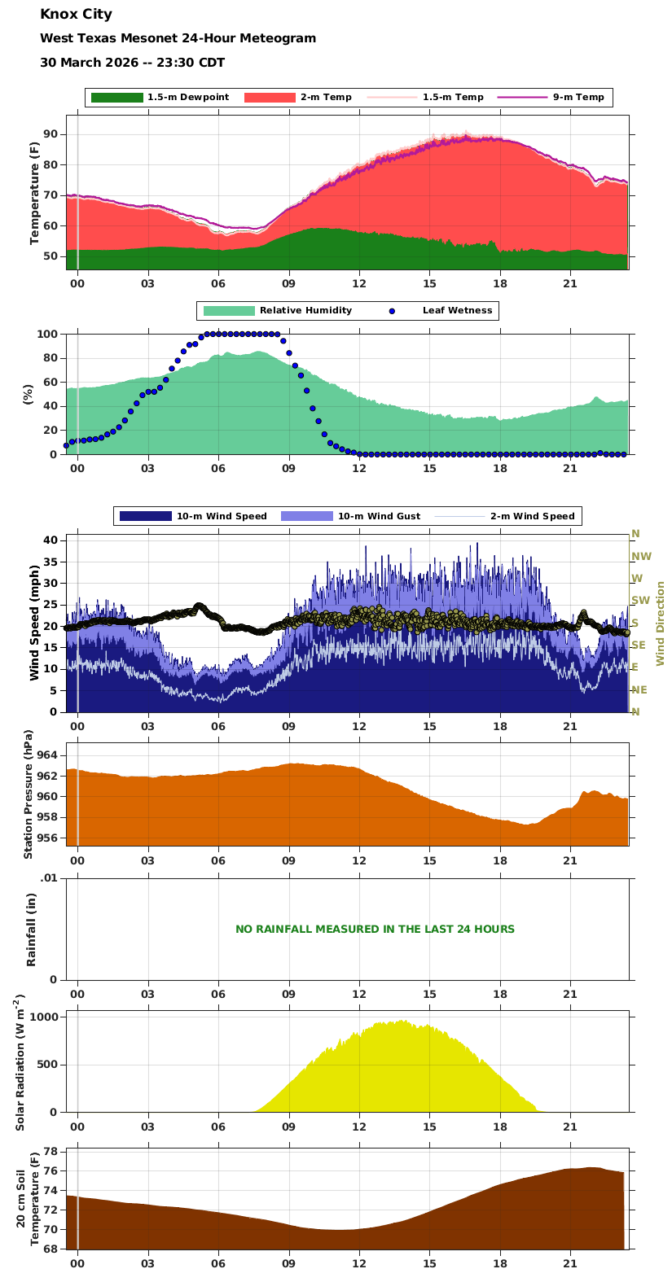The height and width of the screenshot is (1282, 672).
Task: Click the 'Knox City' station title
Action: pos(77,15)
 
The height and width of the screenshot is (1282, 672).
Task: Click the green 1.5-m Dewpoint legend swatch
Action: pos(116,98)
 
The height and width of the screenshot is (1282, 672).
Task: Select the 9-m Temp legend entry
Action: pos(578,98)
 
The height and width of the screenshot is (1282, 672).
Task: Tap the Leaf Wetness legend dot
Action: pos(392,311)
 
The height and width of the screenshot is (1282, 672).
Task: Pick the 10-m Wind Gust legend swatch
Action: pos(306,516)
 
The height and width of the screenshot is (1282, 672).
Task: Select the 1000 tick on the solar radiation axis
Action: pos(44,1017)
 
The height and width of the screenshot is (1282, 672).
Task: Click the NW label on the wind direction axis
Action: pos(641,557)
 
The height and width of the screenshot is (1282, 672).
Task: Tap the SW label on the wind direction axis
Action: pos(639,601)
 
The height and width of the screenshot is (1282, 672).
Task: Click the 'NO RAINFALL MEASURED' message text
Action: pos(375,930)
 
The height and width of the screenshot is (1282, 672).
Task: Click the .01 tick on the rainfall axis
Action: pos(50,877)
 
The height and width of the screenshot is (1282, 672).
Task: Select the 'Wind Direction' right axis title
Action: pos(661,623)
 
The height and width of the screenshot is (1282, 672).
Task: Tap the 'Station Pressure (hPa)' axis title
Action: pos(29,794)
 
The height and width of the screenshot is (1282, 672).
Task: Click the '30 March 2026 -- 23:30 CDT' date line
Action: pos(132,63)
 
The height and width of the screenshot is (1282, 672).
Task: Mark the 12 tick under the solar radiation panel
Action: pos(358,1127)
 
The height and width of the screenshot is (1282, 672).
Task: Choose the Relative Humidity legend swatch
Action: pos(229,311)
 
